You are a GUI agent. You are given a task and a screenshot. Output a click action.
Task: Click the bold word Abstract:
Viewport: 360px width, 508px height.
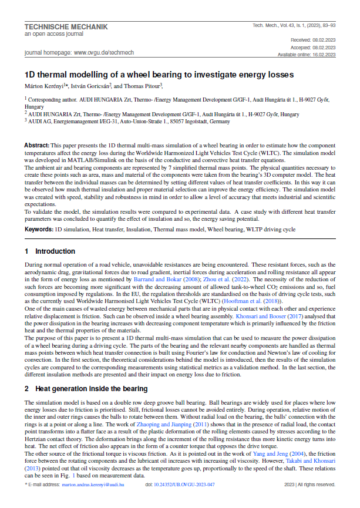(x=36, y=144)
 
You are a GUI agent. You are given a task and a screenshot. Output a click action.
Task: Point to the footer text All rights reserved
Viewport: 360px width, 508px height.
(x=316, y=485)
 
